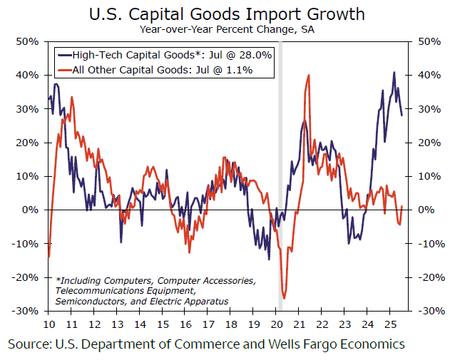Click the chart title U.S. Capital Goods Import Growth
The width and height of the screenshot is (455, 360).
pos(227,14)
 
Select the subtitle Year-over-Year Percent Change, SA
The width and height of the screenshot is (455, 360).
pos(227,29)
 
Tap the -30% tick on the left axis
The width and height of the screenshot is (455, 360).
pos(27,312)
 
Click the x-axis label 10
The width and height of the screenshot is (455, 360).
pos(48,324)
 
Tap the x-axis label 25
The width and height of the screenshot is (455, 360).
pos(389,324)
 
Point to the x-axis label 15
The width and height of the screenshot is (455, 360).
pos(163,324)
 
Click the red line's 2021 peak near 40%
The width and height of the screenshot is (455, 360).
pos(308,76)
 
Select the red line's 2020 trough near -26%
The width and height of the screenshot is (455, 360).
pos(285,298)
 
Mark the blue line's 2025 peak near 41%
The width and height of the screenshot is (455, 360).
pos(394,73)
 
